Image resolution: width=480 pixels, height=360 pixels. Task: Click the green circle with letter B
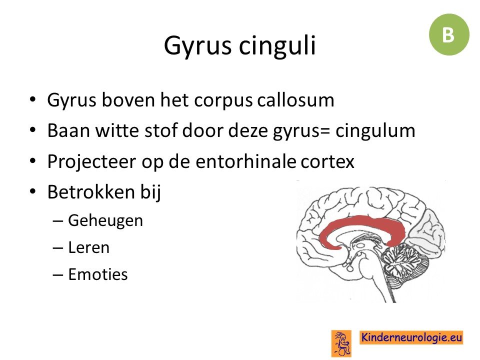point(449,34)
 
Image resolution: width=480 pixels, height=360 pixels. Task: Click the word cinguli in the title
point(277,45)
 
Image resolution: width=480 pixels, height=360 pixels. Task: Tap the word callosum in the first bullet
point(295,100)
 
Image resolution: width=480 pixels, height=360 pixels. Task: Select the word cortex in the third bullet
point(327,162)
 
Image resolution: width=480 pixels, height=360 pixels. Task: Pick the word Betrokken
point(91,192)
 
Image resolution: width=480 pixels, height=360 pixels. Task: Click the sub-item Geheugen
point(105,221)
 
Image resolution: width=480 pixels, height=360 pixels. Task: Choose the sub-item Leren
point(88,247)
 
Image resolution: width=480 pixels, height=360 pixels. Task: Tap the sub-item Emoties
point(98,274)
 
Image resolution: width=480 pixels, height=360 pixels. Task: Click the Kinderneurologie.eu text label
point(411,337)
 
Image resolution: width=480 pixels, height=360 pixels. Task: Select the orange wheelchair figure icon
point(341,343)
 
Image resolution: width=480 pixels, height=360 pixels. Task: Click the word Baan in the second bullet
point(68,130)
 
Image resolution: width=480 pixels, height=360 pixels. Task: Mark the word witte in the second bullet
point(116,130)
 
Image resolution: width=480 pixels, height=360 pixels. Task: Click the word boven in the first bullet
point(128,100)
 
